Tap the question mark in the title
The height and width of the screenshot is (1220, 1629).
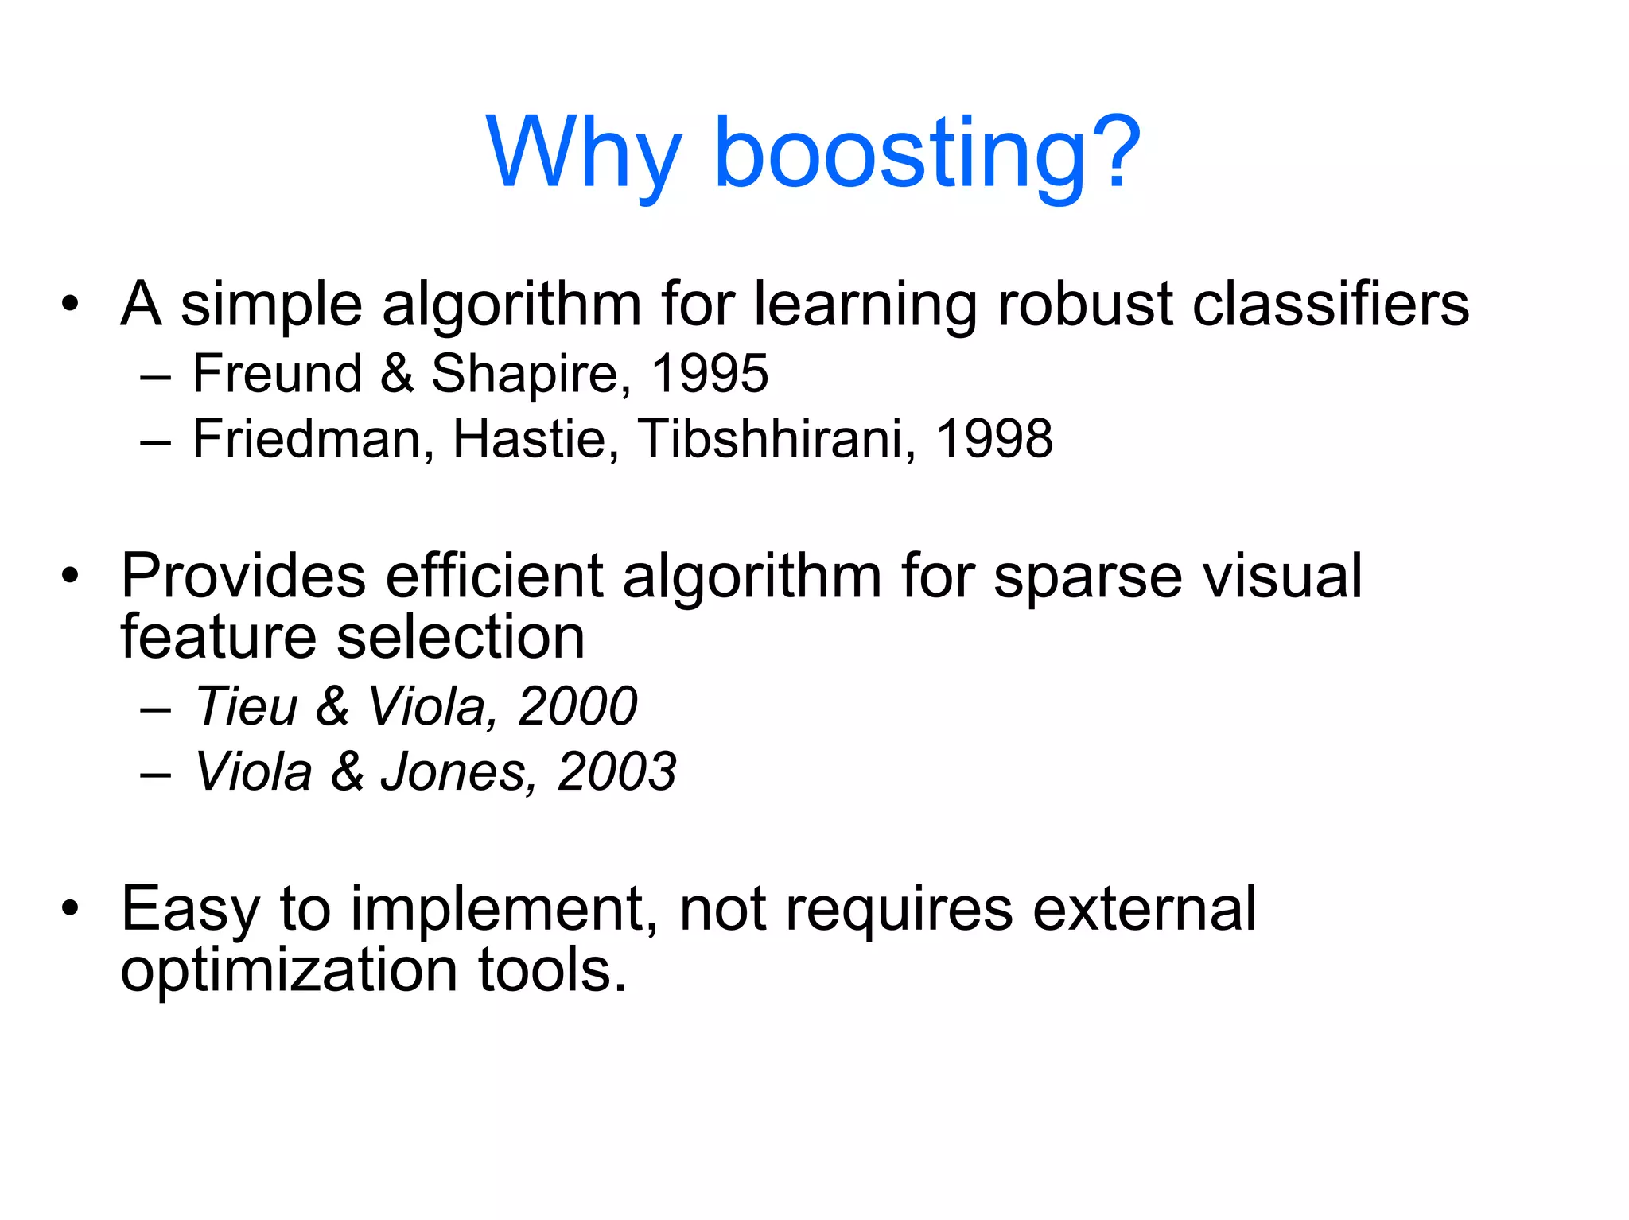(1114, 151)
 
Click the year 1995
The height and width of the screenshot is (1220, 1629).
(709, 373)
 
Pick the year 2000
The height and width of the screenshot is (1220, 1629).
(577, 705)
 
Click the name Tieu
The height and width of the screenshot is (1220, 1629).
(247, 705)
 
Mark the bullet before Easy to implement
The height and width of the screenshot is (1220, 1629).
(71, 907)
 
